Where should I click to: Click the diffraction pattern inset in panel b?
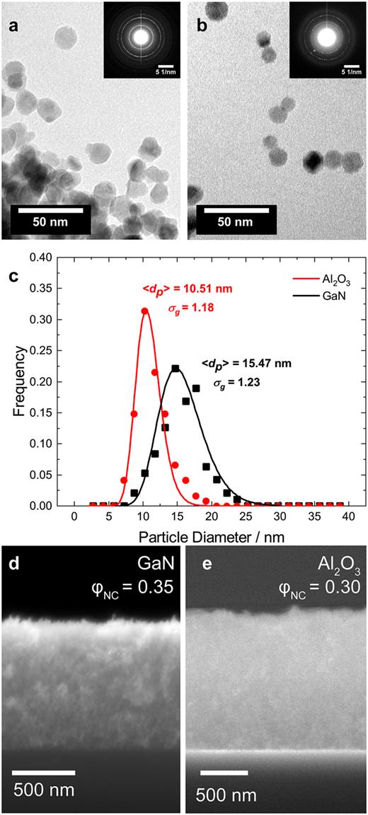coord(326,40)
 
